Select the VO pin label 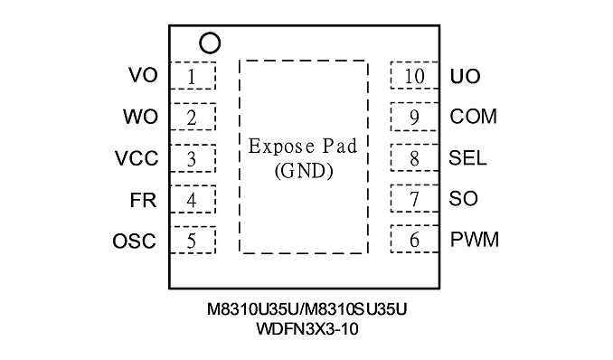tap(143, 75)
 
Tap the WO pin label tap(141, 117)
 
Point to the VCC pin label tap(137, 158)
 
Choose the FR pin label tap(143, 200)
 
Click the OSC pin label tap(134, 241)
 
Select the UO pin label tap(466, 76)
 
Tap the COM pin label tap(474, 117)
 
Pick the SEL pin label tap(467, 157)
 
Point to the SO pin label tap(463, 198)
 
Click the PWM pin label tap(475, 240)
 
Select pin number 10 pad tap(414, 75)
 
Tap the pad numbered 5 tap(193, 240)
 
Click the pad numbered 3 tap(193, 158)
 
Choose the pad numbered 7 tap(414, 198)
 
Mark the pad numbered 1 tap(193, 75)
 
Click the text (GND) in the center tap(304, 171)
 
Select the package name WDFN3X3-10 tap(306, 329)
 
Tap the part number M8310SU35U tap(355, 309)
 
